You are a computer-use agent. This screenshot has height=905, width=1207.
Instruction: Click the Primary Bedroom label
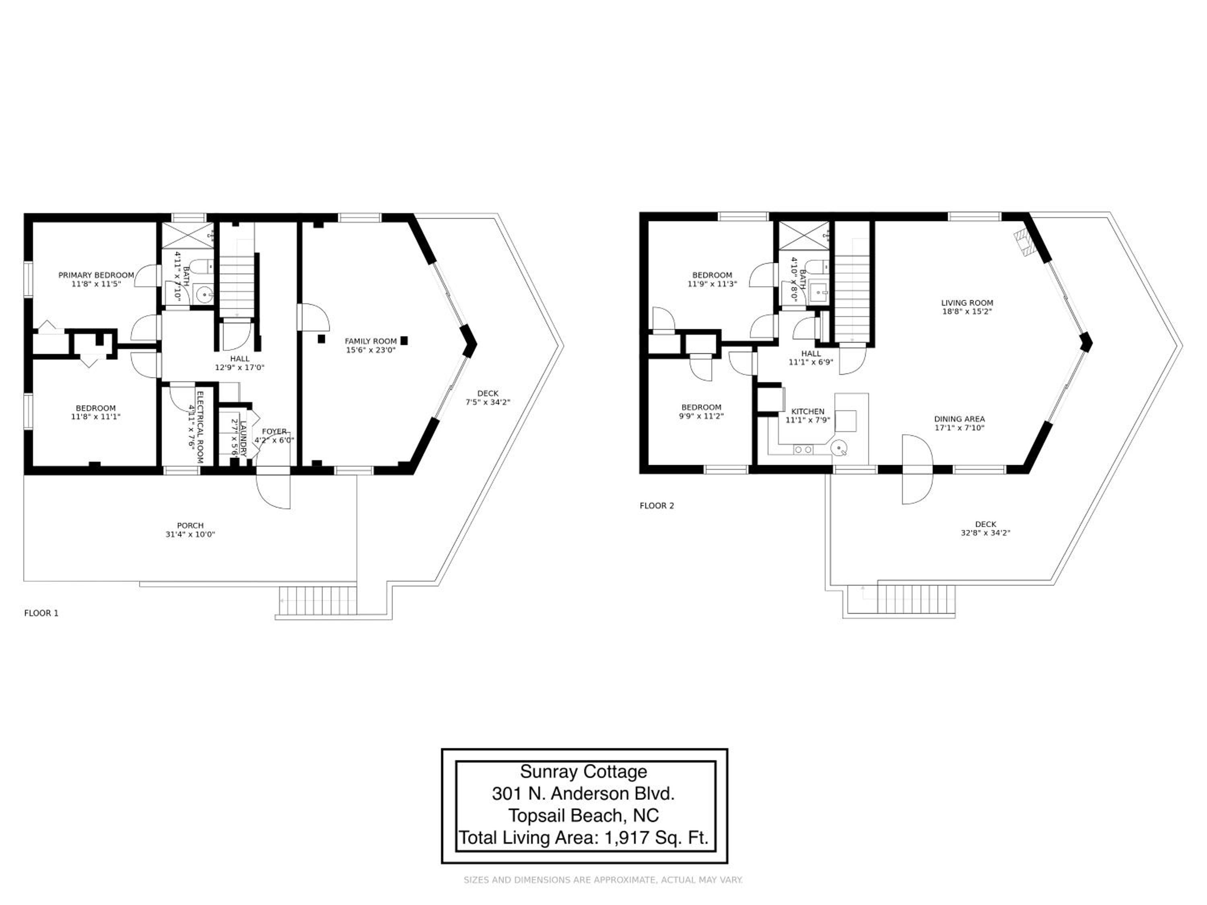click(x=96, y=275)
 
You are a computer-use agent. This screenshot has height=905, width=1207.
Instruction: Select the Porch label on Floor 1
click(x=190, y=526)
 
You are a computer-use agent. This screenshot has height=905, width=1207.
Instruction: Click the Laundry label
click(x=243, y=438)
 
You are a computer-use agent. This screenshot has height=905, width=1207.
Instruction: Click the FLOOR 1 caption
click(x=41, y=613)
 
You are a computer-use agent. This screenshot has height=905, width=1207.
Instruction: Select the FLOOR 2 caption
click(x=657, y=506)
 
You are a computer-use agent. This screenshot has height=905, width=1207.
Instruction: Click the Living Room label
click(x=967, y=303)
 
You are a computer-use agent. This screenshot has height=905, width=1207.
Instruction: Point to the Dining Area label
click(x=959, y=419)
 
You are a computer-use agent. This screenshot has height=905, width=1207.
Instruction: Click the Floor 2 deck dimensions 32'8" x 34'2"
click(x=985, y=533)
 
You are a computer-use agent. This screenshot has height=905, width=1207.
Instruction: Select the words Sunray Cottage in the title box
click(x=583, y=772)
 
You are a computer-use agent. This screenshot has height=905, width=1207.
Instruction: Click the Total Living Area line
click(x=584, y=837)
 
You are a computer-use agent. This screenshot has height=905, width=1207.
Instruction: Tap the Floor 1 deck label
click(x=488, y=393)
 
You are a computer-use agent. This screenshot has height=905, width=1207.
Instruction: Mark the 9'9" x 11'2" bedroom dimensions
click(x=701, y=415)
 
